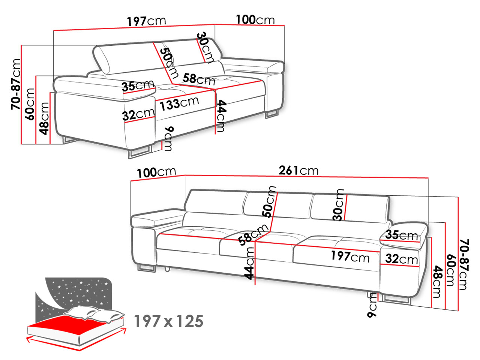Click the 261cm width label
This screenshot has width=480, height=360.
298,171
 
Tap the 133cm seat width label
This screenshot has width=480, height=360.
179,103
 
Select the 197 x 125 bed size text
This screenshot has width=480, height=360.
168,321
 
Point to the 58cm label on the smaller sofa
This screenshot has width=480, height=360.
199,79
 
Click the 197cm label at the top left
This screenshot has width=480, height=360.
147,21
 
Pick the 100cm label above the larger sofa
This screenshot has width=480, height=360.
156,172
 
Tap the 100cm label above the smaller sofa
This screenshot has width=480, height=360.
255,20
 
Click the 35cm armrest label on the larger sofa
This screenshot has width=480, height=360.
402,235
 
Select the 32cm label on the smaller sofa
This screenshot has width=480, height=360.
138,114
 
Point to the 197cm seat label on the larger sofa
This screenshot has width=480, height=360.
350,256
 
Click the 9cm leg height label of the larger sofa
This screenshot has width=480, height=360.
372,305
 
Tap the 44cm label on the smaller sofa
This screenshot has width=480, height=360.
221,116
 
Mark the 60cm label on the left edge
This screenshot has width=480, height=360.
30,104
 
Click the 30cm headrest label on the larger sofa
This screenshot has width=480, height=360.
338,205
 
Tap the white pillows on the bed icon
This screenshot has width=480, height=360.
94,314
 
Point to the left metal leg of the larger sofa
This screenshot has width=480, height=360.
147,269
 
